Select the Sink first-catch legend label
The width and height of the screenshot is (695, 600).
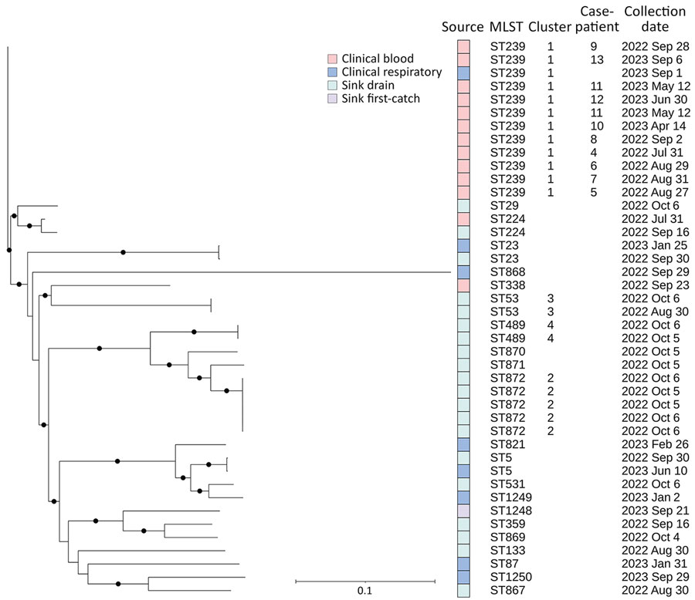(383, 99)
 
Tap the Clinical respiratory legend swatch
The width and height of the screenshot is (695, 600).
(332, 72)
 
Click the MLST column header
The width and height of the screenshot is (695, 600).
(507, 28)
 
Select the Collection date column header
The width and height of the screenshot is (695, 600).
(654, 19)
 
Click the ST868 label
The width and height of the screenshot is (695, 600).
(507, 272)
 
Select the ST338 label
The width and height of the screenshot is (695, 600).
(507, 285)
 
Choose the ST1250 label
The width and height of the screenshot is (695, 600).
(510, 577)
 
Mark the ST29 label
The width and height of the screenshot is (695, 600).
(504, 206)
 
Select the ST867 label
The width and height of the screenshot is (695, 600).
(507, 590)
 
